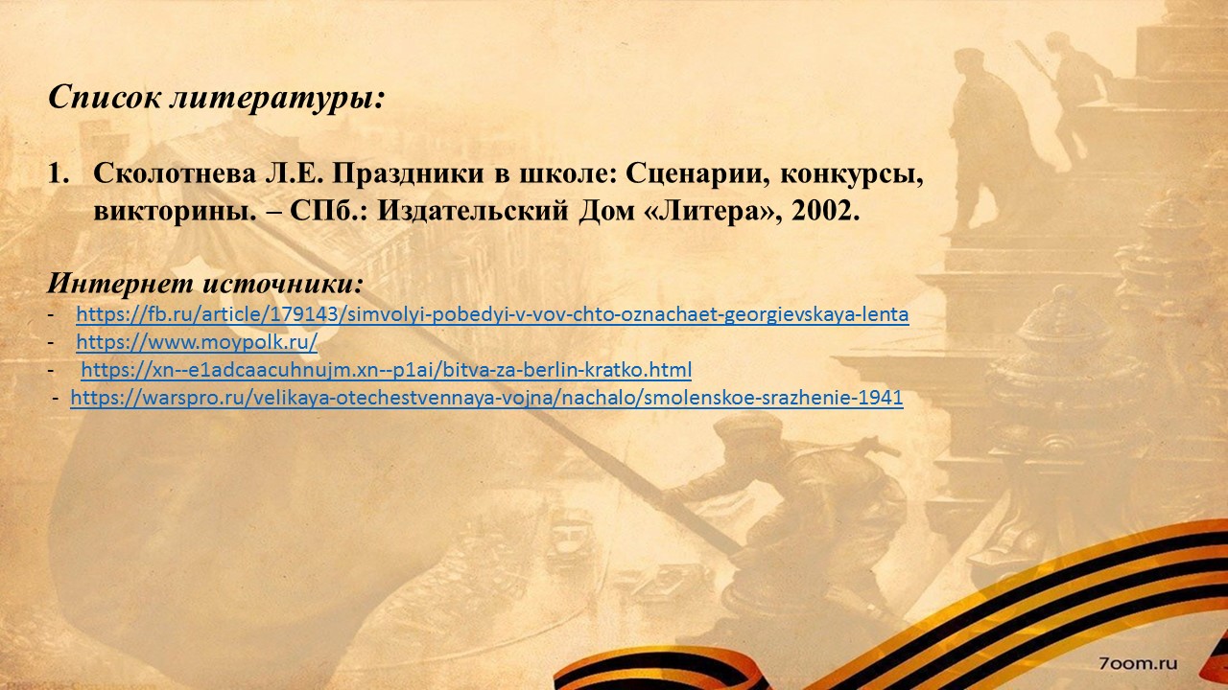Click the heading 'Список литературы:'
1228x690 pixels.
point(217,98)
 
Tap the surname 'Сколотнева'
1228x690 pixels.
point(175,173)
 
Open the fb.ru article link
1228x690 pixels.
point(492,314)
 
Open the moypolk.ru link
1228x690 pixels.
point(197,342)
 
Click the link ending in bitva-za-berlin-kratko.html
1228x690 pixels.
point(387,370)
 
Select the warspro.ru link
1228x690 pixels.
point(486,398)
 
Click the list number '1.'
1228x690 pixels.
point(59,173)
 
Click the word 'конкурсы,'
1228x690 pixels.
point(851,175)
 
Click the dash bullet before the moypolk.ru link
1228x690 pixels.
point(51,343)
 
